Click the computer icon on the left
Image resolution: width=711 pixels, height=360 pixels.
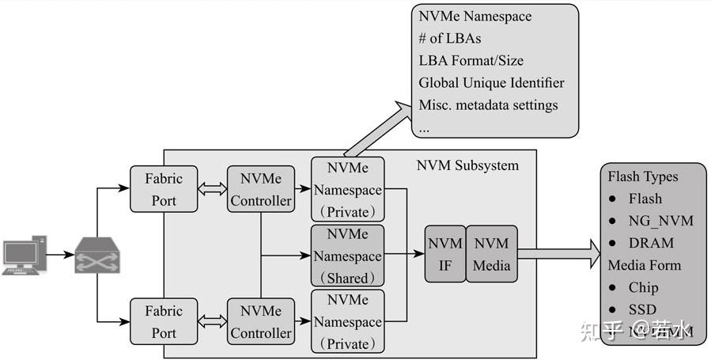click(21, 256)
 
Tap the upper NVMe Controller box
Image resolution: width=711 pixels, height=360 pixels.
click(261, 190)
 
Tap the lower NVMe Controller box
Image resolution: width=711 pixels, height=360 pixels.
click(261, 322)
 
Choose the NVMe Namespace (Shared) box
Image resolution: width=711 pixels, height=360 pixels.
click(347, 256)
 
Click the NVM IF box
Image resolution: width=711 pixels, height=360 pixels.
click(444, 255)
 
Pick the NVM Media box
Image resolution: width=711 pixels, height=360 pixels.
click(491, 255)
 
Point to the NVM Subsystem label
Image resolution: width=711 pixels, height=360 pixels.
click(467, 165)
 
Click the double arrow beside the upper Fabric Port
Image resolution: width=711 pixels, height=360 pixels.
click(212, 191)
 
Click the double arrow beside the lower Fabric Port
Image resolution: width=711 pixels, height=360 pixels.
click(212, 322)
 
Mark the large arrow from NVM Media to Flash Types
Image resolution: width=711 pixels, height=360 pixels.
click(558, 255)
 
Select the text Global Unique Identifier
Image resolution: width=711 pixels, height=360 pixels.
click(491, 83)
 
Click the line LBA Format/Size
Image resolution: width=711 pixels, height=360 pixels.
click(471, 61)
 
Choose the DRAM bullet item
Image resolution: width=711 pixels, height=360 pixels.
click(651, 243)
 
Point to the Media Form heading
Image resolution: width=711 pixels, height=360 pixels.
click(644, 265)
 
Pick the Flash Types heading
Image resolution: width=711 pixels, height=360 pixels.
click(642, 176)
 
